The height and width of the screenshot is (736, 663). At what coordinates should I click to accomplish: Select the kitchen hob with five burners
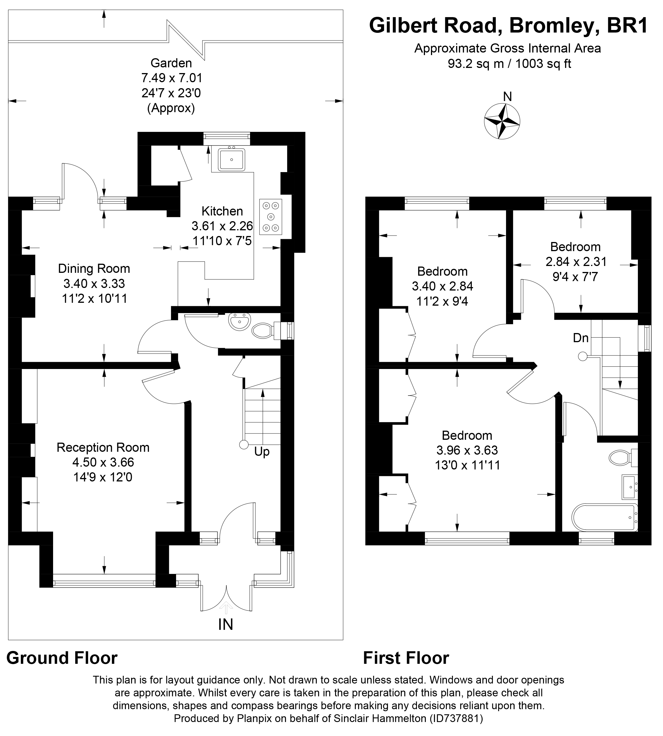tap(270, 217)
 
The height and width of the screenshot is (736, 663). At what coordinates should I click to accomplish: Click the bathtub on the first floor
tap(605, 517)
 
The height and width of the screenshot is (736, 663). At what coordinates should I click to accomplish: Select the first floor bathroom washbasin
tap(630, 487)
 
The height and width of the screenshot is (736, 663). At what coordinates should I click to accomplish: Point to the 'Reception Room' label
tap(103, 447)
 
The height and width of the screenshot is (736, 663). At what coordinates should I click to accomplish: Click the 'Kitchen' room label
tap(222, 211)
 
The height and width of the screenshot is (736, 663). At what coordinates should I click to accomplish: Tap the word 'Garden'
tap(171, 63)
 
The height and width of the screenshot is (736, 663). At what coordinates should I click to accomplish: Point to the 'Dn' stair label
tap(581, 338)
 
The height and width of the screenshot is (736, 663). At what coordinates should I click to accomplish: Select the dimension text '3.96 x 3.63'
tap(467, 450)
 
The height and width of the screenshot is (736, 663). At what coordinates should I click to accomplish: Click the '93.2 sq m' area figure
tap(476, 64)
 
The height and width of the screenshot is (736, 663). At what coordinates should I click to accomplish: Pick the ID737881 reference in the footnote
tap(456, 719)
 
